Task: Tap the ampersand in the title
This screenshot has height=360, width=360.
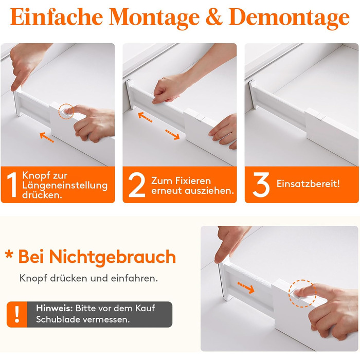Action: coord(214,17)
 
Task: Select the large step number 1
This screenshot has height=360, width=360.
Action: coord(12,185)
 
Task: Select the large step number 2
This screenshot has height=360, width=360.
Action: coord(137,185)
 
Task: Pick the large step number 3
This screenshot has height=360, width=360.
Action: coord(261,185)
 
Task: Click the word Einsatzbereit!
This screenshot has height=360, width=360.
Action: coord(308,184)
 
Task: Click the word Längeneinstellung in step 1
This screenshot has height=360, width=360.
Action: coord(65,186)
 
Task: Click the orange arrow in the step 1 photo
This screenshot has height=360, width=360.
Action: coord(47,137)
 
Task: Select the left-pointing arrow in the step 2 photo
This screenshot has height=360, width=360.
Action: coord(145,117)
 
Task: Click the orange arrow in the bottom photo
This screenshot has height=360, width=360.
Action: coord(246,287)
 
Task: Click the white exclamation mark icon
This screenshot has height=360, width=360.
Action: coord(17,314)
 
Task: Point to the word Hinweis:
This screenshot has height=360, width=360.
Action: coord(55,308)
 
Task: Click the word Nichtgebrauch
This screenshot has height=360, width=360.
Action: coord(113,257)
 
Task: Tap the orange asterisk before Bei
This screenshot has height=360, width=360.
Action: coord(9,255)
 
